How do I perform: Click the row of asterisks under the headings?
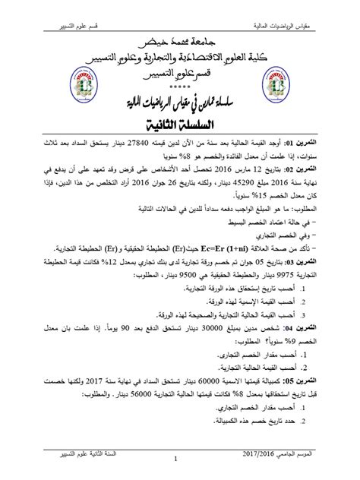point(179,90)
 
